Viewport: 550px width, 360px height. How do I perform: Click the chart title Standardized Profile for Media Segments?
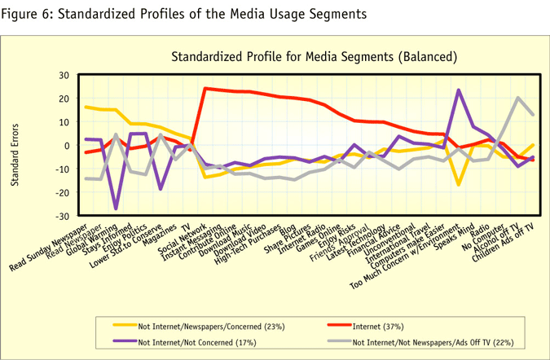314,57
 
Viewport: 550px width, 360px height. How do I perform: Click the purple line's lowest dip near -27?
116,209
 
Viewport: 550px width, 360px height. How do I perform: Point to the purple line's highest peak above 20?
459,90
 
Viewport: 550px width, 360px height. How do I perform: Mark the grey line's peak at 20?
517,98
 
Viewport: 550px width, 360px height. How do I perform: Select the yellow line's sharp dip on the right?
459,185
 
